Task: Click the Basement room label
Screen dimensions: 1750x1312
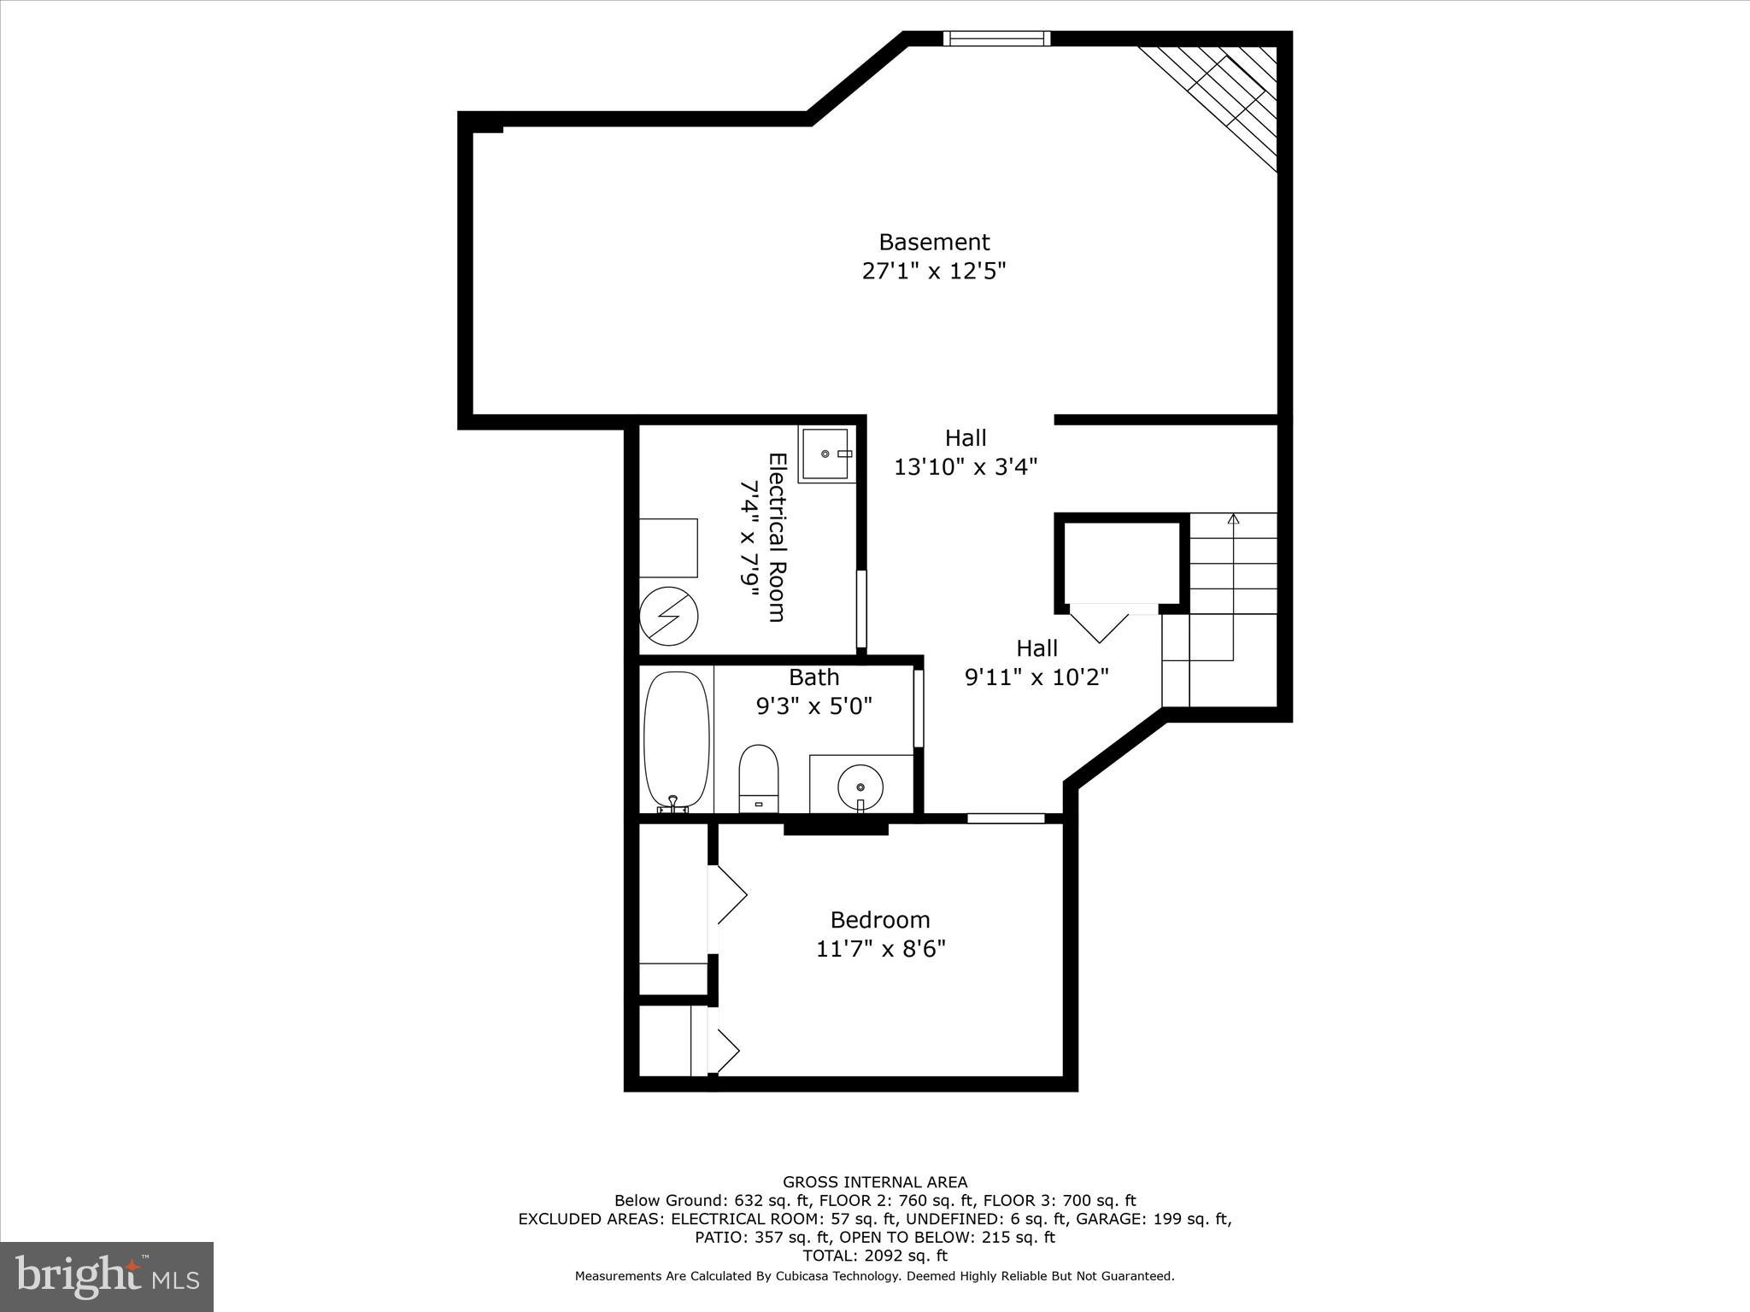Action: click(934, 242)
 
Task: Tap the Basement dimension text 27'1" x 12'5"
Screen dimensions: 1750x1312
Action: click(934, 271)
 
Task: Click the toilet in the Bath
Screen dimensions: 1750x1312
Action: click(759, 778)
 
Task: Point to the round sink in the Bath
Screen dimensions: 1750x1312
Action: click(860, 785)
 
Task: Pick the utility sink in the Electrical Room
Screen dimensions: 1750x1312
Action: click(827, 454)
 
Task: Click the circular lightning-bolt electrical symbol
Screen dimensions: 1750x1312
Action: click(669, 616)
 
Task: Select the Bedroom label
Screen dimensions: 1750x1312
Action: click(880, 920)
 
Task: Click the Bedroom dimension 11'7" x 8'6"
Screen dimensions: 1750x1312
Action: click(880, 949)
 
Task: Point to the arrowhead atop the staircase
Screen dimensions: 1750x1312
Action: click(1232, 518)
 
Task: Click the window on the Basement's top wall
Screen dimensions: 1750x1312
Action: click(996, 38)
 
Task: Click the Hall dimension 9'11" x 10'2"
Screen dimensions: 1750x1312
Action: click(1036, 677)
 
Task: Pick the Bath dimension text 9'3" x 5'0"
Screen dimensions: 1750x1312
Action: click(813, 706)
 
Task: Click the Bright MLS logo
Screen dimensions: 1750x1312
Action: click(107, 1276)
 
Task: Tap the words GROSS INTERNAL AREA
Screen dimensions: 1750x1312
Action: click(875, 1182)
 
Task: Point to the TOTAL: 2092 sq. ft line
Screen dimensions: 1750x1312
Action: click(875, 1256)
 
